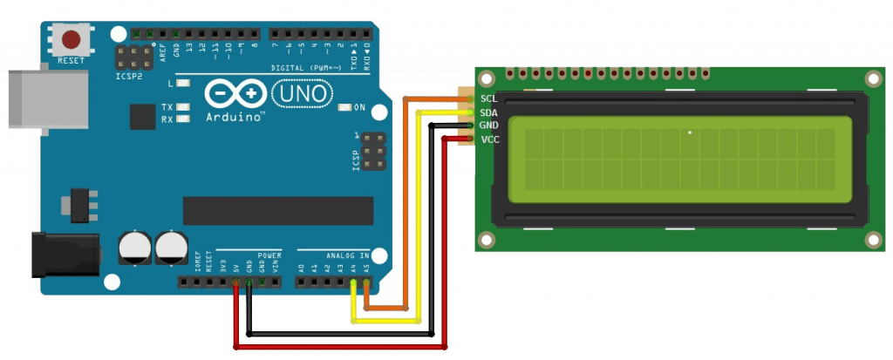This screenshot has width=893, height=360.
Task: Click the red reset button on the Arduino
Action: [x=70, y=39]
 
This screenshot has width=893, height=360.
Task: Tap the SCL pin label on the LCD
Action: [x=489, y=98]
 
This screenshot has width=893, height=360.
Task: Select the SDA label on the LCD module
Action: [x=489, y=112]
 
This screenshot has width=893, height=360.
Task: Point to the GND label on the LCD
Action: [x=489, y=126]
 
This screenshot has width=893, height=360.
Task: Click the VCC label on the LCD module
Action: [x=489, y=139]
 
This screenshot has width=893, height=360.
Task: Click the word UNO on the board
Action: [x=302, y=92]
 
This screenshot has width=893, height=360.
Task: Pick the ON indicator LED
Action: [x=357, y=108]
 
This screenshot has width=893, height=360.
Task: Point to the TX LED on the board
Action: [x=183, y=107]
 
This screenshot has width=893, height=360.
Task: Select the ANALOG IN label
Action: [x=346, y=255]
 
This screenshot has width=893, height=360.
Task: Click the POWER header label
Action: [x=269, y=255]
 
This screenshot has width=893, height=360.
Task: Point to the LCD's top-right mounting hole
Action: [x=873, y=79]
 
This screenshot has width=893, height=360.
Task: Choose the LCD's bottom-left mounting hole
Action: [x=487, y=238]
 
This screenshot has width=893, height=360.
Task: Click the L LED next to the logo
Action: [x=183, y=84]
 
